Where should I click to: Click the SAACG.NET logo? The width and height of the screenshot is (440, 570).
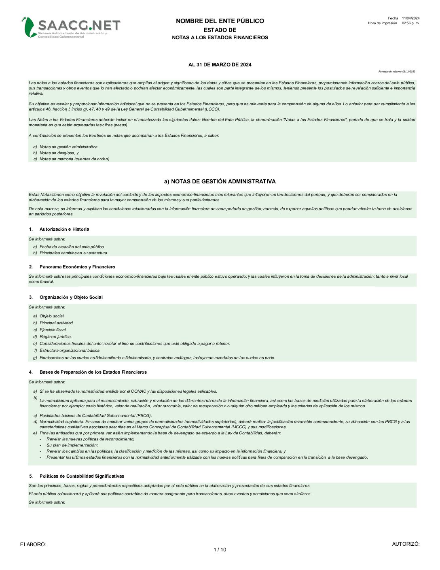[x=71, y=28]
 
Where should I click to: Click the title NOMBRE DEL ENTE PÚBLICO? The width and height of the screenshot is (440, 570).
[x=220, y=21]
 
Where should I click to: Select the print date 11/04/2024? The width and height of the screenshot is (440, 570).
[x=410, y=18]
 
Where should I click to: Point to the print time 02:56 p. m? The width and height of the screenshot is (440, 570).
[x=410, y=23]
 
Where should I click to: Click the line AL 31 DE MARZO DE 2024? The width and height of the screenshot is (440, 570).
[x=220, y=65]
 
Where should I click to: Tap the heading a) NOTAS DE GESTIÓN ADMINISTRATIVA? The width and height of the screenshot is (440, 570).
[x=220, y=181]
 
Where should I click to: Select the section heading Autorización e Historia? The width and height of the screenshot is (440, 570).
[x=64, y=229]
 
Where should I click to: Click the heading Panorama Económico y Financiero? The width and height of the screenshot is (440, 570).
[x=77, y=267]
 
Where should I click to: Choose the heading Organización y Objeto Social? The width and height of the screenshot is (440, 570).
[x=71, y=297]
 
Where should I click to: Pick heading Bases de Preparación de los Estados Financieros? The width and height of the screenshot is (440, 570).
[x=93, y=372]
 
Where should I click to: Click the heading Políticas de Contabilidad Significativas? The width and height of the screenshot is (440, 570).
[x=82, y=476]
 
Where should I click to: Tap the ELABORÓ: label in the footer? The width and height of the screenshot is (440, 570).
[x=33, y=544]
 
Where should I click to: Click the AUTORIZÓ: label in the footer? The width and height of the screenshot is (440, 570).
[x=406, y=544]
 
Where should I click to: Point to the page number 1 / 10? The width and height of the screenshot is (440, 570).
[x=220, y=550]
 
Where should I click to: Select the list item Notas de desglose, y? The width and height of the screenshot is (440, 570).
[x=59, y=153]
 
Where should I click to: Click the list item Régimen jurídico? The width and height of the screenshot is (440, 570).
[x=55, y=337]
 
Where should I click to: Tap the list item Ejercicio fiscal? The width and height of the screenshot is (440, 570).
[x=53, y=330]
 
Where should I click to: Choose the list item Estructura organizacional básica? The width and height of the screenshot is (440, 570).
[x=70, y=351]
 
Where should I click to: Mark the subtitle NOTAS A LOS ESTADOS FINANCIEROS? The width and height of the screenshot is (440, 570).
[x=220, y=38]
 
